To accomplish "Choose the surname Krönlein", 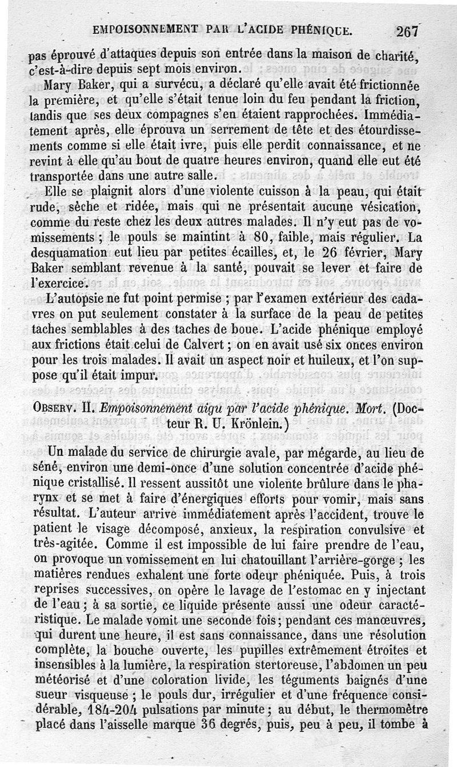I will pos(228,425).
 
